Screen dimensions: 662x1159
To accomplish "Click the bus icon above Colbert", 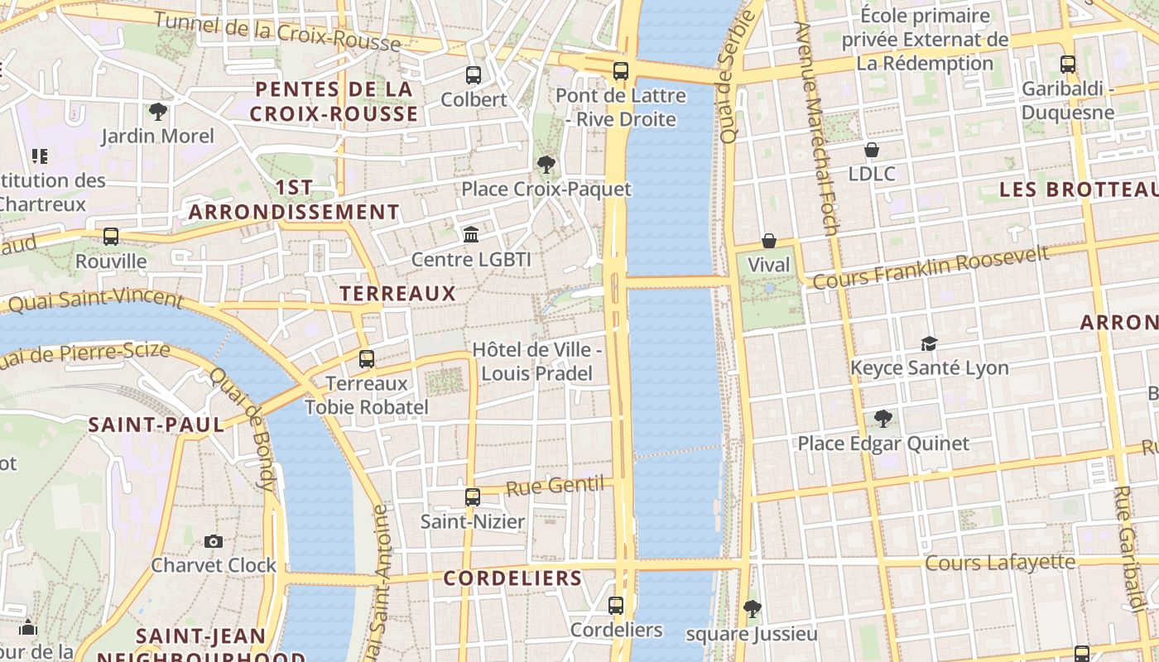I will (x=474, y=75).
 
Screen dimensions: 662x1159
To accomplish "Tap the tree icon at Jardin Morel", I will (x=157, y=112).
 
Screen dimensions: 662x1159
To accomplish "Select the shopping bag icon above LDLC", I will (x=871, y=150).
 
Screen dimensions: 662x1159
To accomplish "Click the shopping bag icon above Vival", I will (x=768, y=241).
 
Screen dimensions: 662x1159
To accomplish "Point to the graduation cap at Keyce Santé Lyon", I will (x=929, y=343).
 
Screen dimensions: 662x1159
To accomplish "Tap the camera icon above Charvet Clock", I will (x=214, y=541).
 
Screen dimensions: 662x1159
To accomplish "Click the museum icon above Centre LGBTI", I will (x=471, y=235).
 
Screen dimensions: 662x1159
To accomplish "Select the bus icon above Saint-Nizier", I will (x=472, y=497).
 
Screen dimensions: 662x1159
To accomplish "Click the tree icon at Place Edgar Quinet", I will (x=882, y=419).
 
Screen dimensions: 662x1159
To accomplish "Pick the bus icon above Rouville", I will (x=111, y=237).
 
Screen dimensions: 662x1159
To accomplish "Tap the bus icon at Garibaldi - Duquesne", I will (x=1068, y=64).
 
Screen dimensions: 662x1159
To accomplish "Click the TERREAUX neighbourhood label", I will (x=397, y=293).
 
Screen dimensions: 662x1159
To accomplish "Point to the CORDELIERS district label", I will (x=512, y=578).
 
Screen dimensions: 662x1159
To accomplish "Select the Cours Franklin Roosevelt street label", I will (x=931, y=267).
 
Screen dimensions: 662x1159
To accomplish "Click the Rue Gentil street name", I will (x=554, y=486).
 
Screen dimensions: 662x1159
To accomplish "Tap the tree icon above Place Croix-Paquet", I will (x=546, y=165).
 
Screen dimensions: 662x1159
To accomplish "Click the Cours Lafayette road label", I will (x=999, y=564).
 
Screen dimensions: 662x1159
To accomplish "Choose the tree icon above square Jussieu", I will (x=752, y=610).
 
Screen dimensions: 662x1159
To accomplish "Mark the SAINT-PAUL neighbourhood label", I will (x=156, y=425).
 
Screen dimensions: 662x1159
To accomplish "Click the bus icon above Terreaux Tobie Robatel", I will (x=367, y=359).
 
